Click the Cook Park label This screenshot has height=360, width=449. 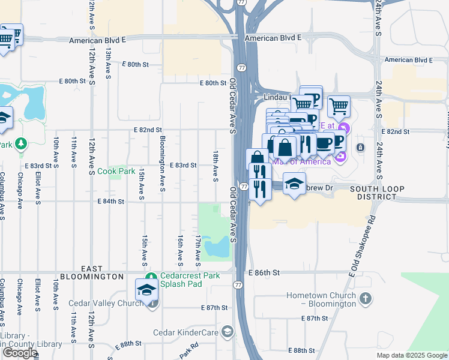[116, 171]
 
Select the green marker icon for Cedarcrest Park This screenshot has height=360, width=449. [154, 276]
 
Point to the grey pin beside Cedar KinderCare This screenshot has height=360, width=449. [228, 331]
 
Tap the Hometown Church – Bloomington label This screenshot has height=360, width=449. [321, 300]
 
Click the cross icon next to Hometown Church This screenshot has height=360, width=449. [366, 298]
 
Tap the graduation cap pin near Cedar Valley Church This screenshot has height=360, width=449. [146, 290]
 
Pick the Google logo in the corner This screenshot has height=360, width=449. [20, 353]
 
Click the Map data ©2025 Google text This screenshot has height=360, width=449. [412, 355]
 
